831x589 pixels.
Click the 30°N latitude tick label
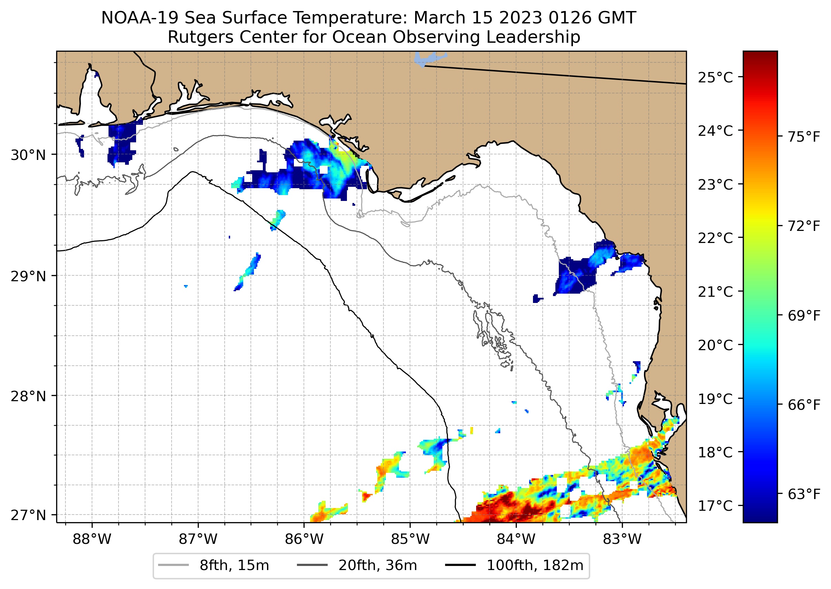point(28,155)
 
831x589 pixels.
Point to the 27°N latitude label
point(28,515)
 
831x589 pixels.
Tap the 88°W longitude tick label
point(92,539)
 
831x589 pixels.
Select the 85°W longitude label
point(410,539)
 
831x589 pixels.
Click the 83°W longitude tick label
point(622,539)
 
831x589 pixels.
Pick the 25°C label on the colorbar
point(715,78)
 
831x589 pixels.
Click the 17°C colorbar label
point(715,506)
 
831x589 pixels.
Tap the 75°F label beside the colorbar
point(804,137)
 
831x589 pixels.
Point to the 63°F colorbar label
point(804,494)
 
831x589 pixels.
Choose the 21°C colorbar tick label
point(715,292)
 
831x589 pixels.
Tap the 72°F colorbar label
point(804,226)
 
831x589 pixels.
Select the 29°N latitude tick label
point(28,276)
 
